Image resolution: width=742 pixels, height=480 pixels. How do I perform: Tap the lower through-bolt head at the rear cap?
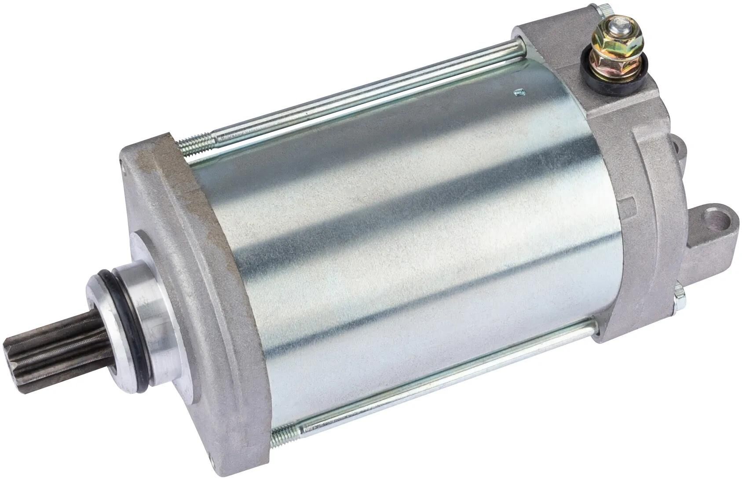(x=679, y=296)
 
